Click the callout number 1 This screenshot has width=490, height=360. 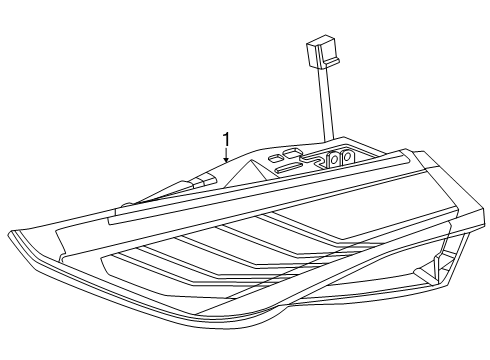pos(227,139)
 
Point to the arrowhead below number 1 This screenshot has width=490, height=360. pos(227,160)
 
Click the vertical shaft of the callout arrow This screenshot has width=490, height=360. pos(227,152)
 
